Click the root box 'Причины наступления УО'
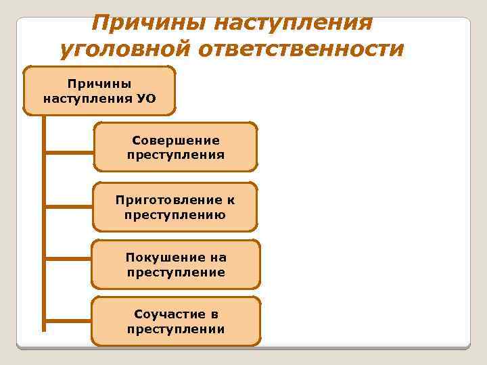click(99, 91)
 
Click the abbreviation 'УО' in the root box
click(146, 98)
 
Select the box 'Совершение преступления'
click(176, 147)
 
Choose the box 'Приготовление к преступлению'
click(176, 207)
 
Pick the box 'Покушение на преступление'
click(176, 264)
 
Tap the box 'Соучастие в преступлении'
click(176, 321)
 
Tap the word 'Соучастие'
click(169, 314)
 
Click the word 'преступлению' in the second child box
click(176, 215)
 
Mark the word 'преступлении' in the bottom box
click(176, 329)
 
